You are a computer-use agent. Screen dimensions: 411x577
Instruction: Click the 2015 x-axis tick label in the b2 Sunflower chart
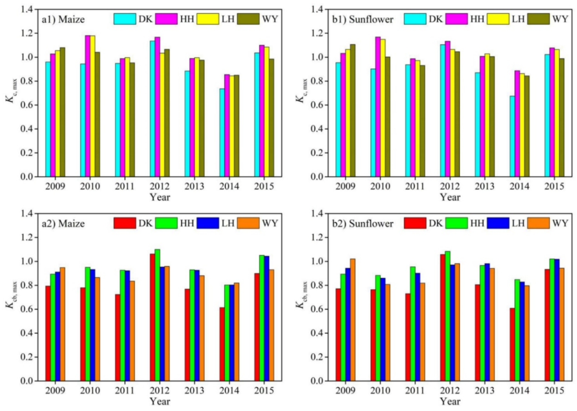click(x=555, y=391)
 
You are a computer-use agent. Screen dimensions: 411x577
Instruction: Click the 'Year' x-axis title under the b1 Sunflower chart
click(x=449, y=198)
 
